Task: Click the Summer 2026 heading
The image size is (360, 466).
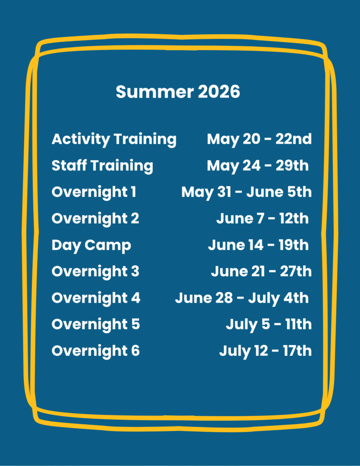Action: click(178, 91)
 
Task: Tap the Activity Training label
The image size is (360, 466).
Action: click(114, 139)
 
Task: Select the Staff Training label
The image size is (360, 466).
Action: click(102, 166)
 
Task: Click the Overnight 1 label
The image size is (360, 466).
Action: click(94, 192)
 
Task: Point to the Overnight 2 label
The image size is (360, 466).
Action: click(96, 219)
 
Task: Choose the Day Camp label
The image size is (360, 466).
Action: click(91, 245)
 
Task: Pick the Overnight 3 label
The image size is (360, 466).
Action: click(96, 272)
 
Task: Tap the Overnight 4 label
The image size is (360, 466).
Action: click(96, 298)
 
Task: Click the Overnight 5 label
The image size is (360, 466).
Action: click(96, 324)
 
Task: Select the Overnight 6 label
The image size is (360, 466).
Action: click(96, 351)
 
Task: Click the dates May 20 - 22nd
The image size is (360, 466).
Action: click(259, 139)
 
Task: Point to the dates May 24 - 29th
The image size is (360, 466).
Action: click(258, 166)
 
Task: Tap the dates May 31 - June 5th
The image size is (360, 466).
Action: click(246, 192)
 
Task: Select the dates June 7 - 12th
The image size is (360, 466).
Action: click(263, 219)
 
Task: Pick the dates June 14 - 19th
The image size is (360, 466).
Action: click(259, 245)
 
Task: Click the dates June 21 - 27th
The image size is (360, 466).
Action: click(261, 272)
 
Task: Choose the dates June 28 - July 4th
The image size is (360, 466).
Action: click(242, 299)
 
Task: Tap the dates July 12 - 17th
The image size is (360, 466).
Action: click(265, 351)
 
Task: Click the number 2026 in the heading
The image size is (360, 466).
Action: click(219, 91)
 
